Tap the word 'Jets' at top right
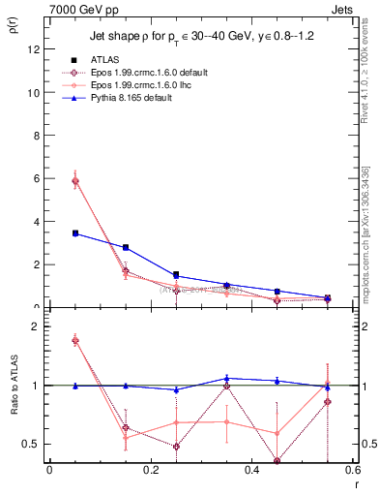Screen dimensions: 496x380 342,9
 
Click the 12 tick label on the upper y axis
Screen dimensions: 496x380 35,49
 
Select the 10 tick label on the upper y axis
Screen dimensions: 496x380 35,93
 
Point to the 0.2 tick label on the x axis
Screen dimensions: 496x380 150,472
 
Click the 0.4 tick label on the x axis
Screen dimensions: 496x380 251,472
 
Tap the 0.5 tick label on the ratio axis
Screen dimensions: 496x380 33,445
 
